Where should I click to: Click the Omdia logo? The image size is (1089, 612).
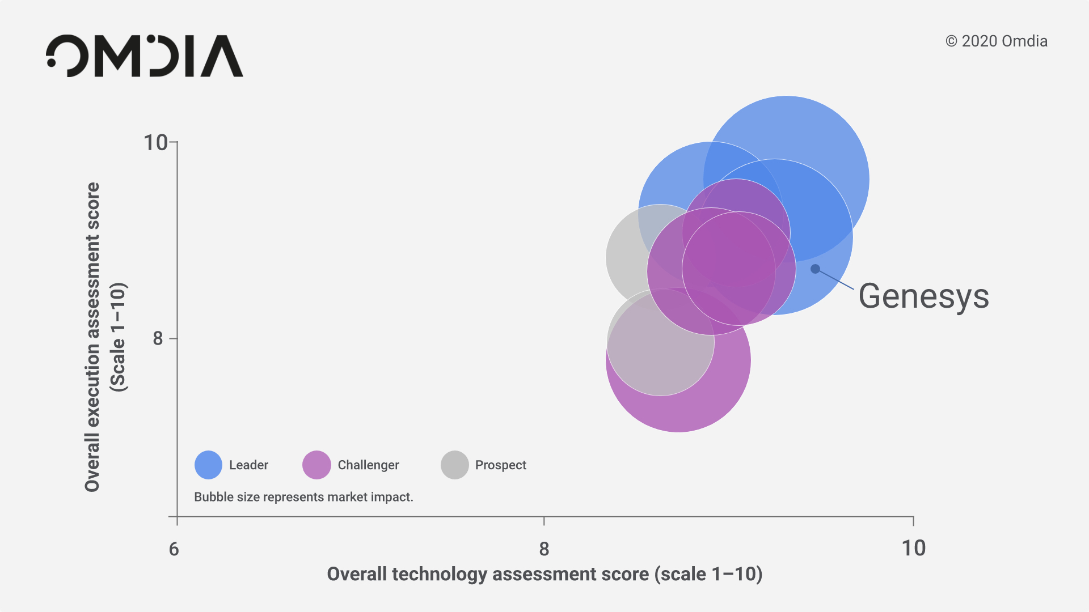[145, 56]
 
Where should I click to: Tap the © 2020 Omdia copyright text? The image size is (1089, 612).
[997, 41]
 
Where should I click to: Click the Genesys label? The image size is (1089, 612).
[923, 296]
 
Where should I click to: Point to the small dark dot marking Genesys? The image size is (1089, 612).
[815, 269]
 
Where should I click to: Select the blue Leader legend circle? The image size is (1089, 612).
[208, 465]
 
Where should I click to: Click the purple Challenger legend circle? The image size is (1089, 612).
[316, 465]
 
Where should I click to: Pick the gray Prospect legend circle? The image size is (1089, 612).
[455, 465]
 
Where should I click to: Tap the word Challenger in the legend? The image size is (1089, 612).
[369, 465]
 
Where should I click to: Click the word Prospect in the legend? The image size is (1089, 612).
[501, 465]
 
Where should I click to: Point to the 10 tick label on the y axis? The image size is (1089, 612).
[155, 143]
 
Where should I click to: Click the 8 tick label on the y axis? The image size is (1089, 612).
[158, 338]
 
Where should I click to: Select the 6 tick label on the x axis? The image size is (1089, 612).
[174, 549]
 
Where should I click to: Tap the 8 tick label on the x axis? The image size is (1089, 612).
[544, 549]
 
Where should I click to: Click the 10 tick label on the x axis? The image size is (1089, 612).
[914, 549]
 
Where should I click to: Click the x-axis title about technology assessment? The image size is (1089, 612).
[544, 574]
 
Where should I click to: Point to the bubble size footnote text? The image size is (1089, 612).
[303, 497]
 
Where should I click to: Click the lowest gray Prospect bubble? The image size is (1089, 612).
[661, 342]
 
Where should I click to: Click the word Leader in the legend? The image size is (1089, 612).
[248, 465]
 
